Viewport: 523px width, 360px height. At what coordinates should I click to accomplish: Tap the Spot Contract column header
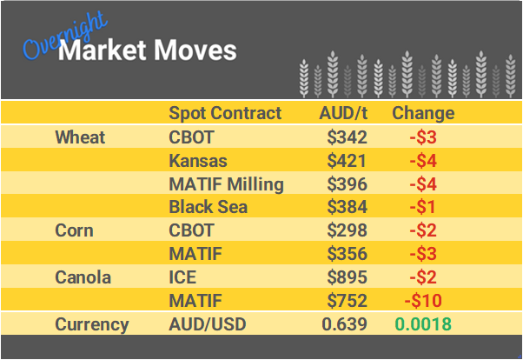225,113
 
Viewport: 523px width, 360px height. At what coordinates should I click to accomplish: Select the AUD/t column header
343,113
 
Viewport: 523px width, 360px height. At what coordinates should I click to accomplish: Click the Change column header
423,113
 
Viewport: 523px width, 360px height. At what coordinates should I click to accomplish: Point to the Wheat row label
80,137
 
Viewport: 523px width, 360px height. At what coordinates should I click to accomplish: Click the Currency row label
92,325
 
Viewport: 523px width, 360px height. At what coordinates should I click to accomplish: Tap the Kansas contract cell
197,161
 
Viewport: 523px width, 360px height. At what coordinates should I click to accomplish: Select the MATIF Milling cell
226,184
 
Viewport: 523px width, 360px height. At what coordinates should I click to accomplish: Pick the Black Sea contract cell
209,208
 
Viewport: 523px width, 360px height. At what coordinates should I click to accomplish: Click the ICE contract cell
182,278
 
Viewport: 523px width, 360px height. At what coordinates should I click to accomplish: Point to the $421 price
348,161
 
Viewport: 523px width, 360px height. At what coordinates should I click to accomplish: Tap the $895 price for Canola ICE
348,278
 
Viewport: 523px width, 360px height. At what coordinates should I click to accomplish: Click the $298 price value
348,231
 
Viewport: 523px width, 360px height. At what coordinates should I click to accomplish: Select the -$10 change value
423,302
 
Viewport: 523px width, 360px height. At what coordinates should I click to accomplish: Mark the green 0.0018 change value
423,325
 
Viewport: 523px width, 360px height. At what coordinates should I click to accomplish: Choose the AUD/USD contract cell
208,325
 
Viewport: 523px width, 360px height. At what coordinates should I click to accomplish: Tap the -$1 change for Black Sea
423,208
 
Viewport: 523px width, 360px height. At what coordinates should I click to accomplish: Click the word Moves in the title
193,50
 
